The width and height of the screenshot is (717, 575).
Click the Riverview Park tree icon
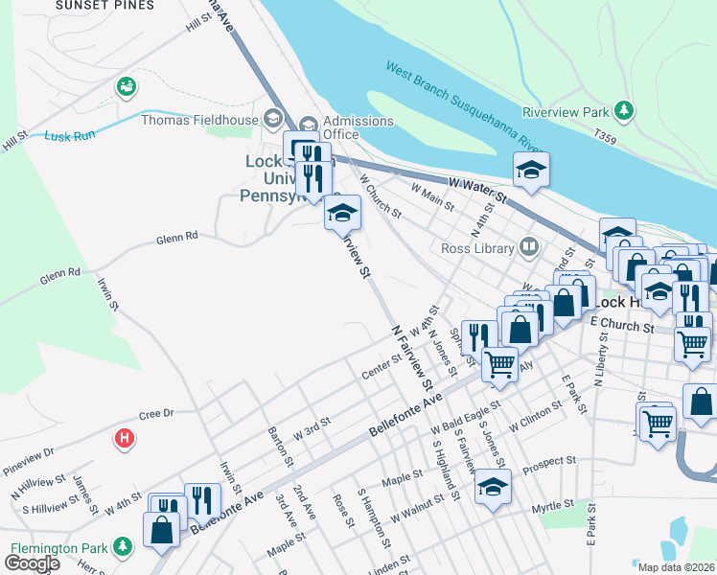(x=624, y=111)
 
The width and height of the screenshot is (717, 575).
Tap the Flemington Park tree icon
(x=122, y=546)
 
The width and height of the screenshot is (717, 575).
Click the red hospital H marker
(x=124, y=439)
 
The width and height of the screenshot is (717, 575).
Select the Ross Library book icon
(x=527, y=248)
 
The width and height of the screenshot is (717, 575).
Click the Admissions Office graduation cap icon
(x=308, y=122)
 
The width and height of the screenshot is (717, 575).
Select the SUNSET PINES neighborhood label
(x=104, y=5)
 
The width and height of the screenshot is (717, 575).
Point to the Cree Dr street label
(x=155, y=414)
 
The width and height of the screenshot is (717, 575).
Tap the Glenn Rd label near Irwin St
(x=59, y=274)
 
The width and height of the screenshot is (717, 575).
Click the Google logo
(x=31, y=563)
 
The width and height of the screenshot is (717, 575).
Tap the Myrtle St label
(x=551, y=502)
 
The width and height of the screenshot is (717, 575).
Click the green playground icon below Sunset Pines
(x=125, y=87)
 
